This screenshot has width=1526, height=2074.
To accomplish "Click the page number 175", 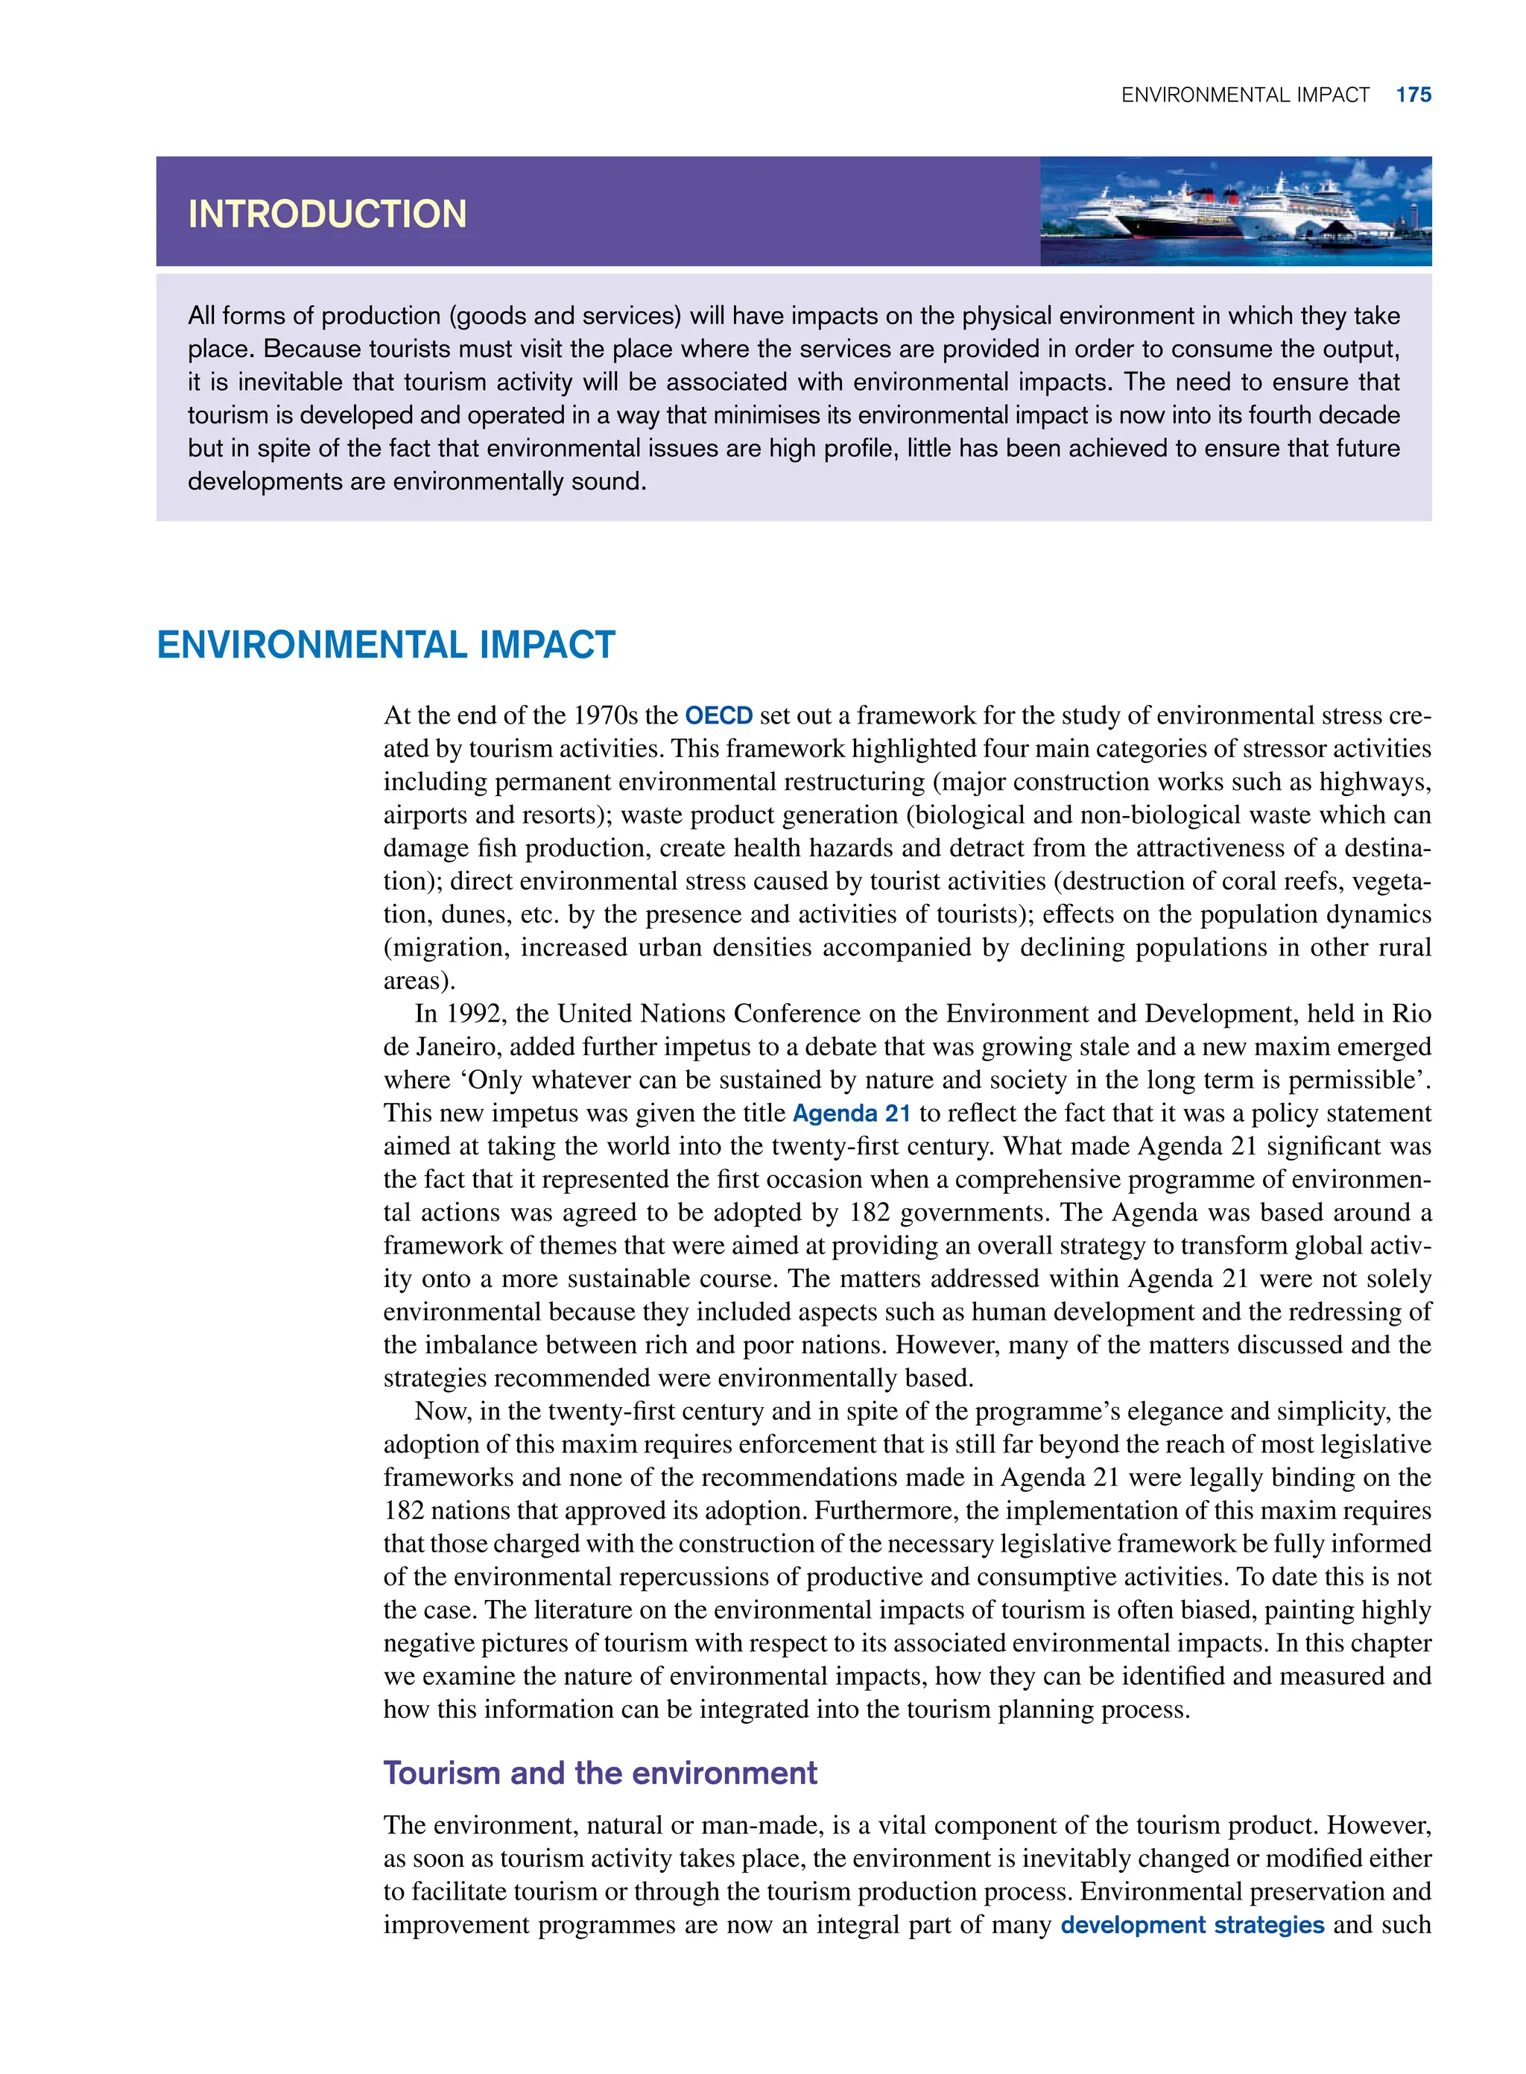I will tap(1413, 95).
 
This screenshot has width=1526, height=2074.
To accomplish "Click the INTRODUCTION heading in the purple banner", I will tap(327, 215).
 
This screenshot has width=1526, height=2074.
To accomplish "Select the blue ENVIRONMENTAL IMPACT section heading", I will tap(385, 645).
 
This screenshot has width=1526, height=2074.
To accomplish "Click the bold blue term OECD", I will tap(718, 716).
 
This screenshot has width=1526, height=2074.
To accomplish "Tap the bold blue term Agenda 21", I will tap(851, 1113).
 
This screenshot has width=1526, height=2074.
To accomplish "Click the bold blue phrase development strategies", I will tap(1191, 1925).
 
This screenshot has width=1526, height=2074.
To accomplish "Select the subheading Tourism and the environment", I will tap(600, 1773).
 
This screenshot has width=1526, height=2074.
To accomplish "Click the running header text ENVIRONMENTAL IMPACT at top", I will tap(1244, 95).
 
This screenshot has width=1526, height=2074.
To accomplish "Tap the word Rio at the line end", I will tap(1411, 1014).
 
